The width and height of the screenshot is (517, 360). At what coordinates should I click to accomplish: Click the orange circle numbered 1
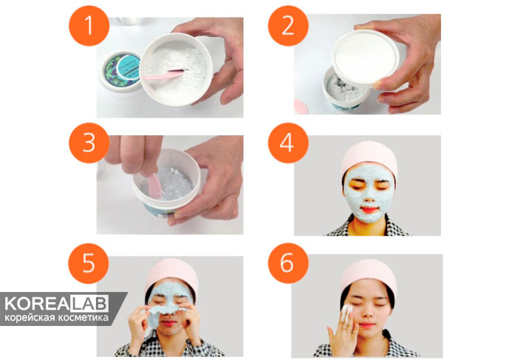[x=89, y=26]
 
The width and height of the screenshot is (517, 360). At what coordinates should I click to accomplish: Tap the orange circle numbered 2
[x=288, y=26]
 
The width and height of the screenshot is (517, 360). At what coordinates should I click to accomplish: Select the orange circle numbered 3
[x=89, y=143]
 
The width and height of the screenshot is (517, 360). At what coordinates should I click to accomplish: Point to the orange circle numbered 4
[x=288, y=143]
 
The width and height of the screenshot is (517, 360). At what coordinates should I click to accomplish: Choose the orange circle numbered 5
[x=89, y=263]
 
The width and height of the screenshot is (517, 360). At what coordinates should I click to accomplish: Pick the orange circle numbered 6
[x=288, y=263]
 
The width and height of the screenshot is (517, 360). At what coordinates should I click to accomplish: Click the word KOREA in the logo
[x=37, y=304]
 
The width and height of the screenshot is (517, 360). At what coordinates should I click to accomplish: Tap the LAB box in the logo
[x=89, y=304]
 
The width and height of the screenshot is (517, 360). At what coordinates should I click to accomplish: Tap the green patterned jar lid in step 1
[x=121, y=71]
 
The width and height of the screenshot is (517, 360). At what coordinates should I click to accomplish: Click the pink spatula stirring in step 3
[x=154, y=186]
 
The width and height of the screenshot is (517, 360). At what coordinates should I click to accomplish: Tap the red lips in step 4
[x=369, y=209]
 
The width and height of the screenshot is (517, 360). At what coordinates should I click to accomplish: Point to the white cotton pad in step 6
[x=346, y=313]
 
